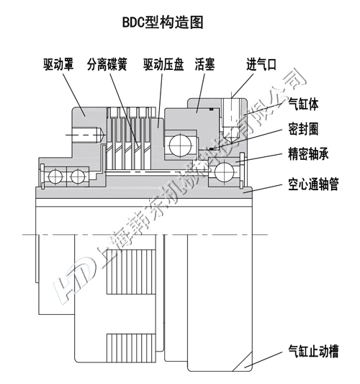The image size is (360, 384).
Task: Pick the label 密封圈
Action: tap(304, 130)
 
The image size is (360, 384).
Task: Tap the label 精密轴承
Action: tap(309, 154)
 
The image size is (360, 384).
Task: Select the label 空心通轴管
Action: tap(314, 184)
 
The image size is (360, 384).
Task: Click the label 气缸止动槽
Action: tap(314, 352)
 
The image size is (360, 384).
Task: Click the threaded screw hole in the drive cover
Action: tap(83, 135)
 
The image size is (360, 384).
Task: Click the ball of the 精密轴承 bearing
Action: tap(225, 171)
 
